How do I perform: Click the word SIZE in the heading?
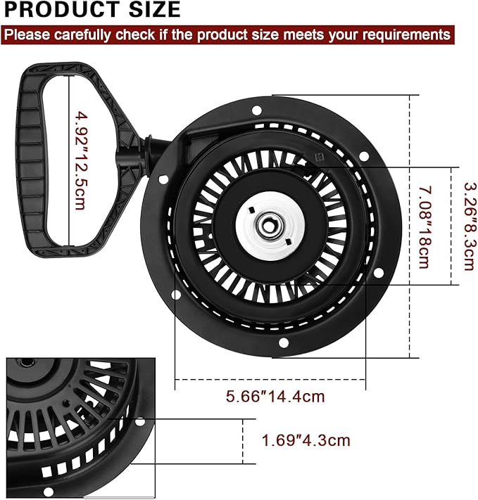click(155, 9)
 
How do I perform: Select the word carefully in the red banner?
click(82, 34)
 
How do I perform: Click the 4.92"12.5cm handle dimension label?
click(80, 160)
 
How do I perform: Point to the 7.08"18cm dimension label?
click(424, 227)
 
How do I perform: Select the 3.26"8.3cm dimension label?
click(470, 226)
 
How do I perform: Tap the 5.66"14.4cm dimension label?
click(275, 397)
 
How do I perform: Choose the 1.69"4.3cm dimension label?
click(306, 440)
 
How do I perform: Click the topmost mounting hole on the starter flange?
click(257, 110)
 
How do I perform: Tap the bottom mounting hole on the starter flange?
click(283, 343)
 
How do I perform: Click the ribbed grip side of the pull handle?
click(30, 160)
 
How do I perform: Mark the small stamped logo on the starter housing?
click(319, 157)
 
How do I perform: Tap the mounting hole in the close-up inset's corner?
click(139, 422)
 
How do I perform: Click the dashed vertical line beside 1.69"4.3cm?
click(243, 442)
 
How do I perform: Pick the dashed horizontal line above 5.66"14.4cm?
click(270, 380)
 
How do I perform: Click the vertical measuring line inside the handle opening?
click(69, 161)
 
